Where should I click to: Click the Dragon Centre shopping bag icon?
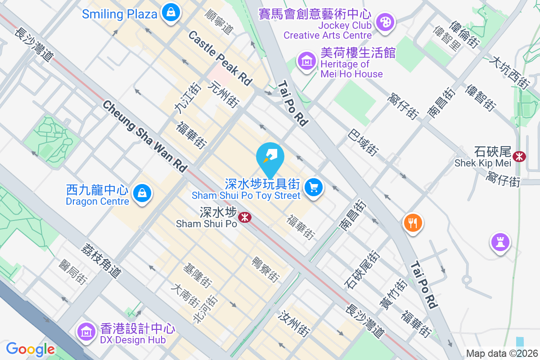142,193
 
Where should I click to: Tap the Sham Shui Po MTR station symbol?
244,217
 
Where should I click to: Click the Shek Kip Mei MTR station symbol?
520,156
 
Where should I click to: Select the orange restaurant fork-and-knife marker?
412,222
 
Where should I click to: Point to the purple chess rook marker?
500,242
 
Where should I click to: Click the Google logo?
30,349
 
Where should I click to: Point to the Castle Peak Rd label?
220,58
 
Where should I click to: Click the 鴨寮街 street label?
265,270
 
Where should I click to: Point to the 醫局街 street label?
72,272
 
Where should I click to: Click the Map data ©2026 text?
502,354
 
